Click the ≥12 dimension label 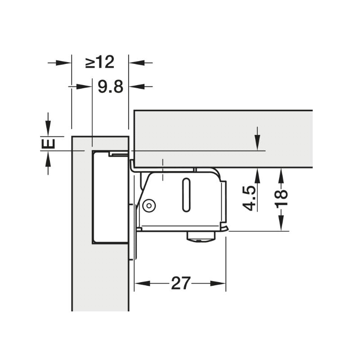[x=100, y=62]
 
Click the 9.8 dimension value [x=110, y=87]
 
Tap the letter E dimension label [x=48, y=144]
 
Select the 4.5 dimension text [x=249, y=198]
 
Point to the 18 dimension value [x=282, y=198]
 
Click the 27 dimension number [x=181, y=283]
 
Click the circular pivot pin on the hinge [x=149, y=205]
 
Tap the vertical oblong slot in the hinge [x=186, y=195]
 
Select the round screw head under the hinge [x=201, y=237]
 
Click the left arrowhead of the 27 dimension [x=142, y=283]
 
